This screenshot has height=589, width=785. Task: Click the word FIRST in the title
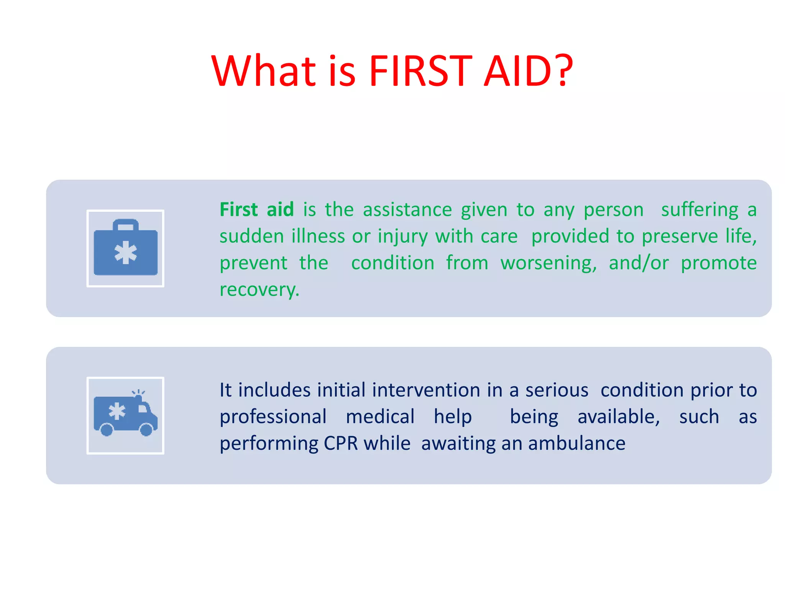pos(420,71)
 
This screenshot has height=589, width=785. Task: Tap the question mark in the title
pos(563,71)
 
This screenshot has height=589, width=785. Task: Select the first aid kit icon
pos(125,248)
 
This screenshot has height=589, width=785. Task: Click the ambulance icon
pos(125,416)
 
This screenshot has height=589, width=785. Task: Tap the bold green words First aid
pos(256,210)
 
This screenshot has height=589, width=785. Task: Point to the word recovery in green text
pos(259,290)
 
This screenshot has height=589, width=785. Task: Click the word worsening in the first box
pos(548,263)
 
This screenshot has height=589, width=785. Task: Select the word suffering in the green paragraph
pos(700,210)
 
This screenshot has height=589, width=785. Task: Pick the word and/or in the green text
pos(639,263)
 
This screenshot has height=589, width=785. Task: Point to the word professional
pos(273,417)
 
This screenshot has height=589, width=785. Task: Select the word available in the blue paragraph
pos(618,417)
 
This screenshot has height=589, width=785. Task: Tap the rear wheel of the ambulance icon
pos(107,429)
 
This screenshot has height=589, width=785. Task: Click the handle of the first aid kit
pos(125,224)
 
